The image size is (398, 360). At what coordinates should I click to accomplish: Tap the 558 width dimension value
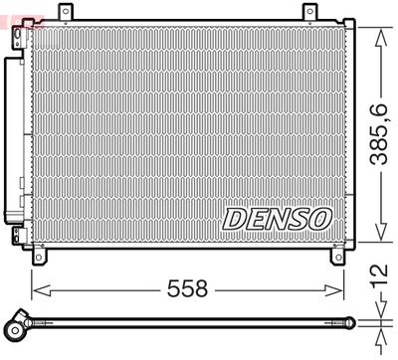186,289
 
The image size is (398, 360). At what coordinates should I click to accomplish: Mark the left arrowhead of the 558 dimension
38,289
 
